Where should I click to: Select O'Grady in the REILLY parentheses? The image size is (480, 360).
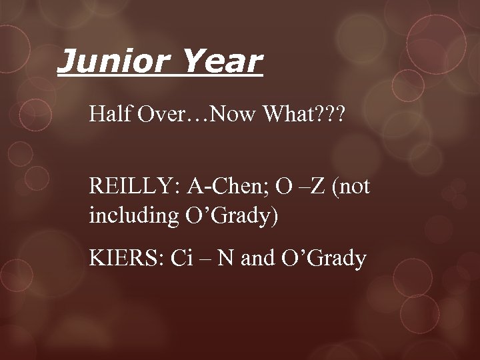[x=223, y=218]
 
